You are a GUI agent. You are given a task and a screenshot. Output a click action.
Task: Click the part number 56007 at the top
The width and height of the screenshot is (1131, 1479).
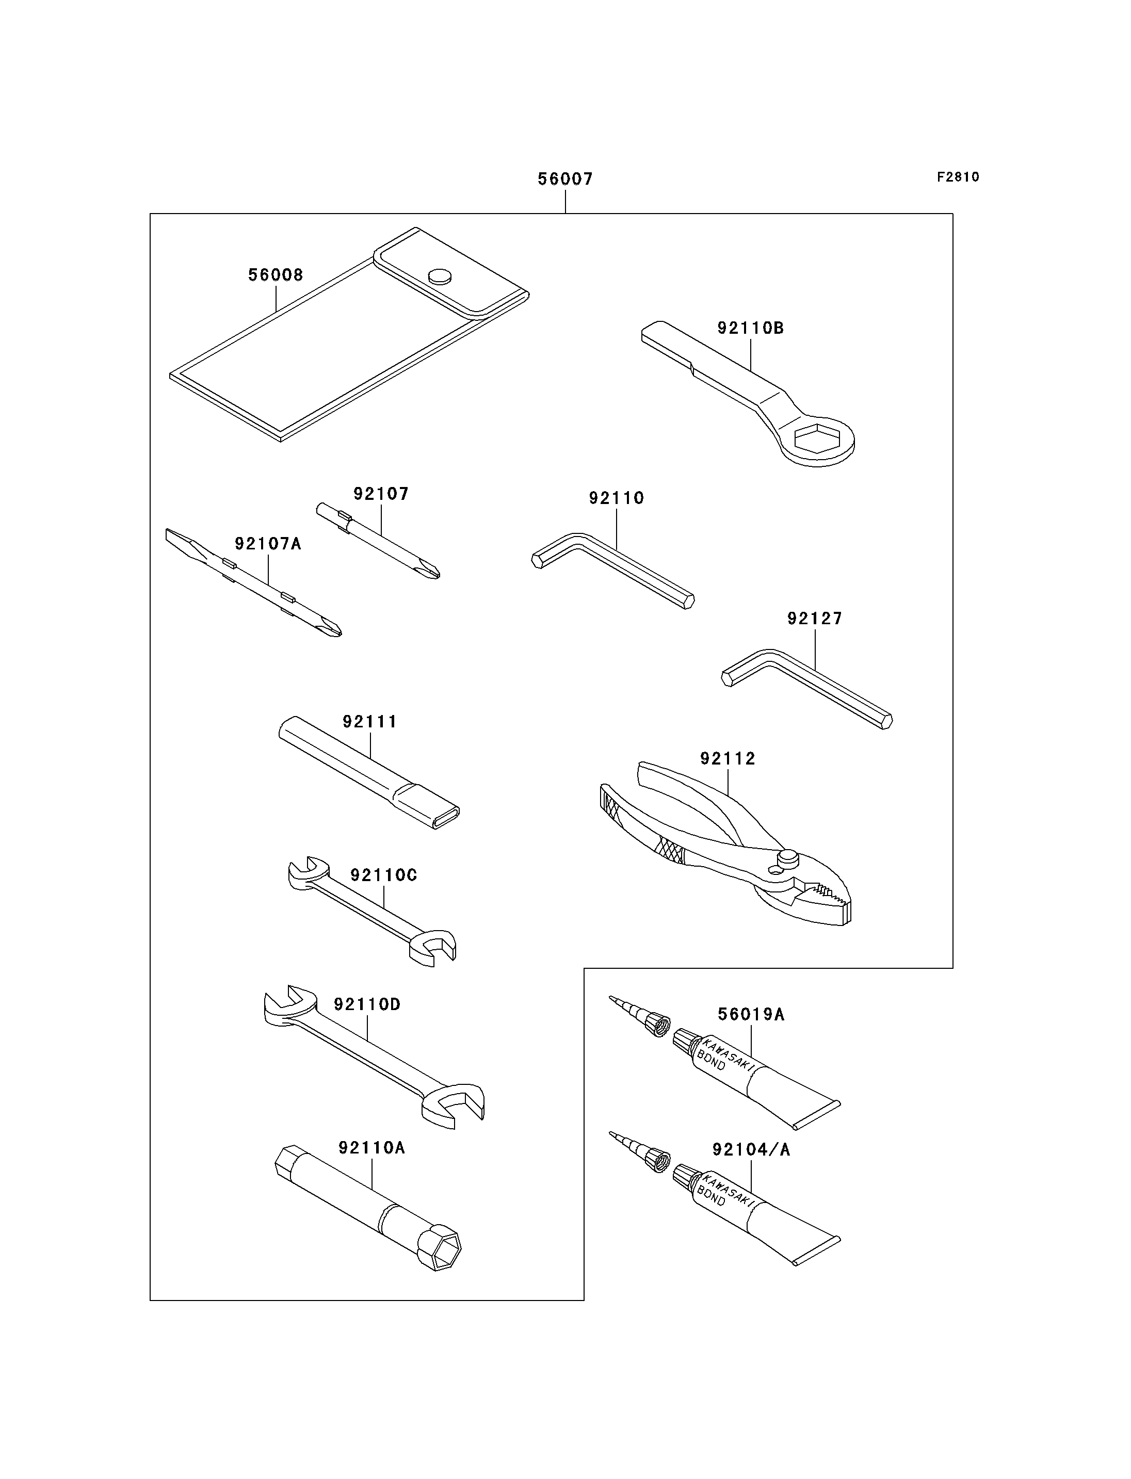[565, 179]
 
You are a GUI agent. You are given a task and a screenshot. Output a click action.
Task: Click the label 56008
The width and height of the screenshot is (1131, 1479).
[276, 274]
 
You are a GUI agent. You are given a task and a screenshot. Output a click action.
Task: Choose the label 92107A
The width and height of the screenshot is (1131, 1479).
[268, 543]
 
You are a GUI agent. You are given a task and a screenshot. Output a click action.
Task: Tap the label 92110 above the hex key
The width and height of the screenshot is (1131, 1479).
[616, 498]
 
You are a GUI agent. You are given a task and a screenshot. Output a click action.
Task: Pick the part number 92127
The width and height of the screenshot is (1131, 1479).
[815, 618]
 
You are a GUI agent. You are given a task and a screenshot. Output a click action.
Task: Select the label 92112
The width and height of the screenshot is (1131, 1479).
[728, 759]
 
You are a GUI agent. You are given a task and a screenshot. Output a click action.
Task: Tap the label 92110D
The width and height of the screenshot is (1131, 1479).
[367, 1004]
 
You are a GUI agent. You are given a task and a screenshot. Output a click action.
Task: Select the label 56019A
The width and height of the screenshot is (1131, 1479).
[751, 1015]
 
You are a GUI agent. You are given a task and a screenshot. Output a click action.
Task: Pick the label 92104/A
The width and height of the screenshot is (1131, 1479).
[751, 1150]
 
